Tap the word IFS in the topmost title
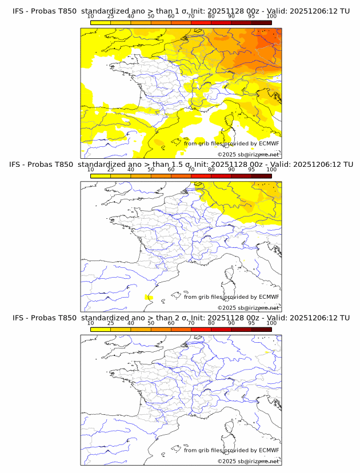(19, 11)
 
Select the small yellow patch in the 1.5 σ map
(149, 297)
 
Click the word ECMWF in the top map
(269, 143)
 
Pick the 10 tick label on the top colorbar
(91, 17)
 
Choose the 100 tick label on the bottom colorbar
(271, 323)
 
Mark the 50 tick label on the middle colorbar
(151, 170)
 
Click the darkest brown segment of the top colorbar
(261, 22)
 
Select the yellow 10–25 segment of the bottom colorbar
(101, 329)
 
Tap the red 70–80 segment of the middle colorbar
(201, 176)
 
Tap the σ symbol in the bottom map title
(175, 318)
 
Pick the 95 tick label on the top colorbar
(251, 17)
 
